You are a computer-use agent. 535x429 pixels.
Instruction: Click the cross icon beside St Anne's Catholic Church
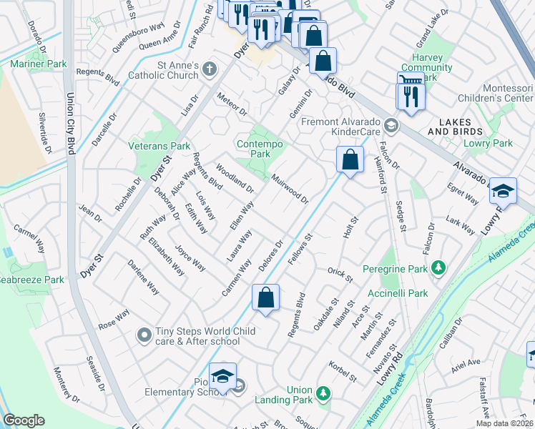[x=209, y=69]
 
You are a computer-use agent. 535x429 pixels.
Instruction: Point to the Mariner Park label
[x=38, y=64]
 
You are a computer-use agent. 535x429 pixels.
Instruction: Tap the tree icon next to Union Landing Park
[x=323, y=393]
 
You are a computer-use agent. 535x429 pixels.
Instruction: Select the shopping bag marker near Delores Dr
[x=265, y=297]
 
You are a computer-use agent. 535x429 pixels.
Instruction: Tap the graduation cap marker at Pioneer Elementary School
[x=222, y=375]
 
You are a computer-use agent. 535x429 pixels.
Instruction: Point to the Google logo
[x=24, y=420]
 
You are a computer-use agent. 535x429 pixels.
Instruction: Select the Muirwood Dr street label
[x=290, y=188]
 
